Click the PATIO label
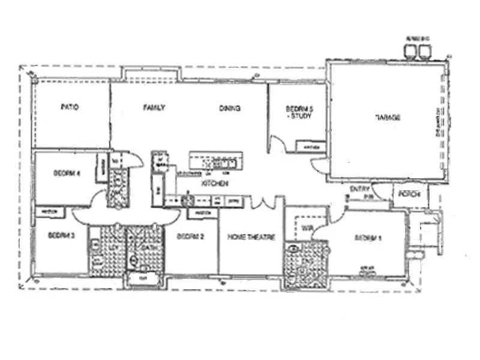coord(70,108)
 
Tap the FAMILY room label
coord(154,108)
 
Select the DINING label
coord(230,109)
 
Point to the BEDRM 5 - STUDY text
coord(298,112)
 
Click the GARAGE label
coord(388,117)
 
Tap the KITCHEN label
coord(214,184)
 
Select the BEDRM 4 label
coord(67,174)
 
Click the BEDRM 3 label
coord(61,235)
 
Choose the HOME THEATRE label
coord(251,238)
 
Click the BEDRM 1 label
coord(368,238)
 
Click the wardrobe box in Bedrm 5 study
coord(312,146)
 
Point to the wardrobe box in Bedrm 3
coord(50,212)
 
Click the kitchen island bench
coord(216,161)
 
